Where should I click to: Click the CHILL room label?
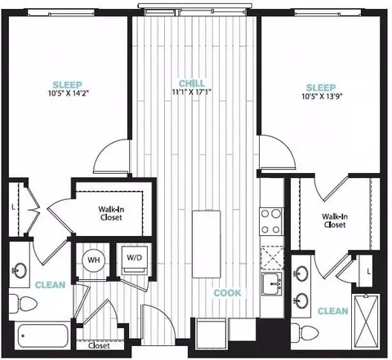(x=192, y=83)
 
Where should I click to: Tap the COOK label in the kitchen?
(x=228, y=293)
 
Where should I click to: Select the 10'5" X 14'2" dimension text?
(x=69, y=93)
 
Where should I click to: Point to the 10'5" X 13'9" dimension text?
(x=322, y=96)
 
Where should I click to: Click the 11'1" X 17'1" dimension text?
(x=192, y=92)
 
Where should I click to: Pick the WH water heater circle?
(x=94, y=260)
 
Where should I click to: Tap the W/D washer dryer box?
(x=135, y=260)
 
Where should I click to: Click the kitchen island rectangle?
(x=206, y=244)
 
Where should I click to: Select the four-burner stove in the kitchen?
(x=271, y=222)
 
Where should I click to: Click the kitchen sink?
(x=272, y=283)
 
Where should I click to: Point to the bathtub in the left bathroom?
(x=42, y=336)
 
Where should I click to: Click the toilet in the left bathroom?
(x=23, y=304)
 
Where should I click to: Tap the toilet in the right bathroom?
(x=305, y=332)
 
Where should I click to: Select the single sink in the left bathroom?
(x=20, y=270)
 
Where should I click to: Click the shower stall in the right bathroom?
(x=366, y=321)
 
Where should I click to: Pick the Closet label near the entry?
(x=99, y=345)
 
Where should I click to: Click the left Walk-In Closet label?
(x=111, y=213)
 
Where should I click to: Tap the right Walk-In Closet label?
(x=335, y=220)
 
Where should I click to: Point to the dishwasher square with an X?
(x=271, y=257)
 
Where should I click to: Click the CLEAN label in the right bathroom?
(x=333, y=311)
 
